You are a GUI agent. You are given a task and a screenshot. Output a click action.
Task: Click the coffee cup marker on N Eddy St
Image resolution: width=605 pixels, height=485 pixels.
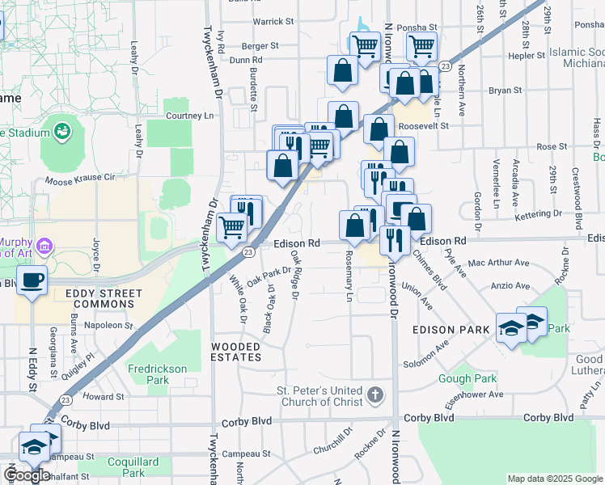(32, 280)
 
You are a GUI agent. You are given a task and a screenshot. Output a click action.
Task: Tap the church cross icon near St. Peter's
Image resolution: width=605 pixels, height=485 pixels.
(374, 394)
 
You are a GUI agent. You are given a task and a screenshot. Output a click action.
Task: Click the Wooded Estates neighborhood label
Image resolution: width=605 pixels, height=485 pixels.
(236, 351)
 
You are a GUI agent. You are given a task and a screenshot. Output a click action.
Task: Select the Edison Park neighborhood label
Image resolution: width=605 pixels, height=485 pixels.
(451, 329)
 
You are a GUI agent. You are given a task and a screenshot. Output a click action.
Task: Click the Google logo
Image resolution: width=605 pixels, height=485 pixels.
(27, 475)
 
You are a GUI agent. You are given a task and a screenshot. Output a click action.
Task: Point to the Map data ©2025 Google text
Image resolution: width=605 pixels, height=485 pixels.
(555, 479)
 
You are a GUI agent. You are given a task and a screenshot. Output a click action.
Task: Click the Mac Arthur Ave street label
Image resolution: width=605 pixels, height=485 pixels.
(497, 263)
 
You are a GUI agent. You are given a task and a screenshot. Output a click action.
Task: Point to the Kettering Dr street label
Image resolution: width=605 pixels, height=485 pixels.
(537, 213)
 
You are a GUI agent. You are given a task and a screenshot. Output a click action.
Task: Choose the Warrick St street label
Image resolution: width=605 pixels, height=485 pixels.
(272, 21)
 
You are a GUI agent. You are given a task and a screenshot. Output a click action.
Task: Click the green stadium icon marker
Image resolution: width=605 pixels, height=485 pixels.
(61, 129)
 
